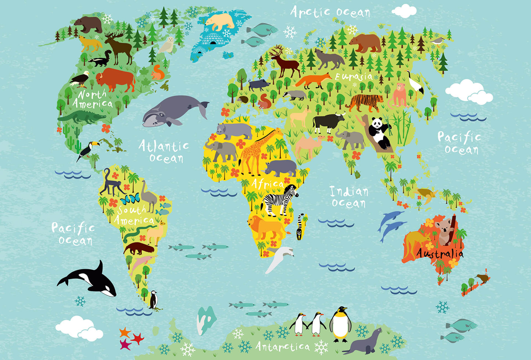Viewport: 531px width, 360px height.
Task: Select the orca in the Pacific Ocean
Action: tap(89, 279)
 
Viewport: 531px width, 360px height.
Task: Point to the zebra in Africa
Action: tap(281, 200)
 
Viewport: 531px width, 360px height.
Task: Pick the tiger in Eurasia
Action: tap(364, 102)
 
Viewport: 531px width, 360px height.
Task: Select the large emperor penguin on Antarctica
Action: tap(340, 324)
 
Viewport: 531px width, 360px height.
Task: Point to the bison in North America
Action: tap(115, 79)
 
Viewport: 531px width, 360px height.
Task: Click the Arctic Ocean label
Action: tap(330, 12)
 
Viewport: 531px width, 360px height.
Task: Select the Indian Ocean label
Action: tap(348, 197)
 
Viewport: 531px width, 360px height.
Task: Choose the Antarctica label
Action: tap(283, 346)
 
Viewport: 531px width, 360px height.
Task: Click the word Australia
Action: tap(439, 254)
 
